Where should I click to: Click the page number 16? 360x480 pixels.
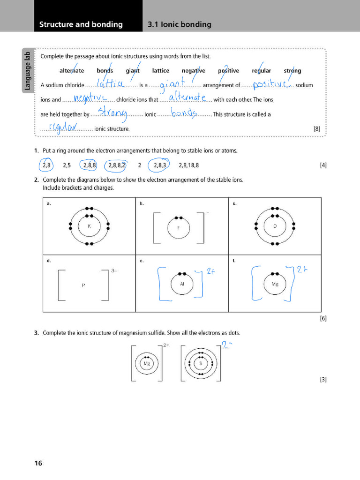pyautogui.click(x=38, y=463)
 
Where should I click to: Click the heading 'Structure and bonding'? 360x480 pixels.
pyautogui.click(x=81, y=24)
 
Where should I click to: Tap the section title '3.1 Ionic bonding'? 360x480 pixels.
pyautogui.click(x=179, y=24)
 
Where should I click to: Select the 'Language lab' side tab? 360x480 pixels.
pyautogui.click(x=28, y=70)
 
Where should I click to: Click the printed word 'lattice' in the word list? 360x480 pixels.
pyautogui.click(x=160, y=71)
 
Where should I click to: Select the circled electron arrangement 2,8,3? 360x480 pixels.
pyautogui.click(x=159, y=165)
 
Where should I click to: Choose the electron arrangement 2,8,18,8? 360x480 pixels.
pyautogui.click(x=188, y=165)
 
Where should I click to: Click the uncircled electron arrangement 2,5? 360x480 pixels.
pyautogui.click(x=67, y=165)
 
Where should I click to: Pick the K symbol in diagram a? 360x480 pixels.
pyautogui.click(x=89, y=226)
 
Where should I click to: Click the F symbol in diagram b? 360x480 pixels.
pyautogui.click(x=178, y=228)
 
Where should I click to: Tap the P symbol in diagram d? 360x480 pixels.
pyautogui.click(x=83, y=285)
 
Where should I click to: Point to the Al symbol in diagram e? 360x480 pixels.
pyautogui.click(x=182, y=284)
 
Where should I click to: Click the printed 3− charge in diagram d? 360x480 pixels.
pyautogui.click(x=114, y=271)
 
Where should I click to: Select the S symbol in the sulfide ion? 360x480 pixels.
pyautogui.click(x=201, y=363)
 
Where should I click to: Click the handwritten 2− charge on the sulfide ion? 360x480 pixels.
pyautogui.click(x=227, y=346)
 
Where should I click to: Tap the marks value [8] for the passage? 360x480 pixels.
pyautogui.click(x=317, y=128)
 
